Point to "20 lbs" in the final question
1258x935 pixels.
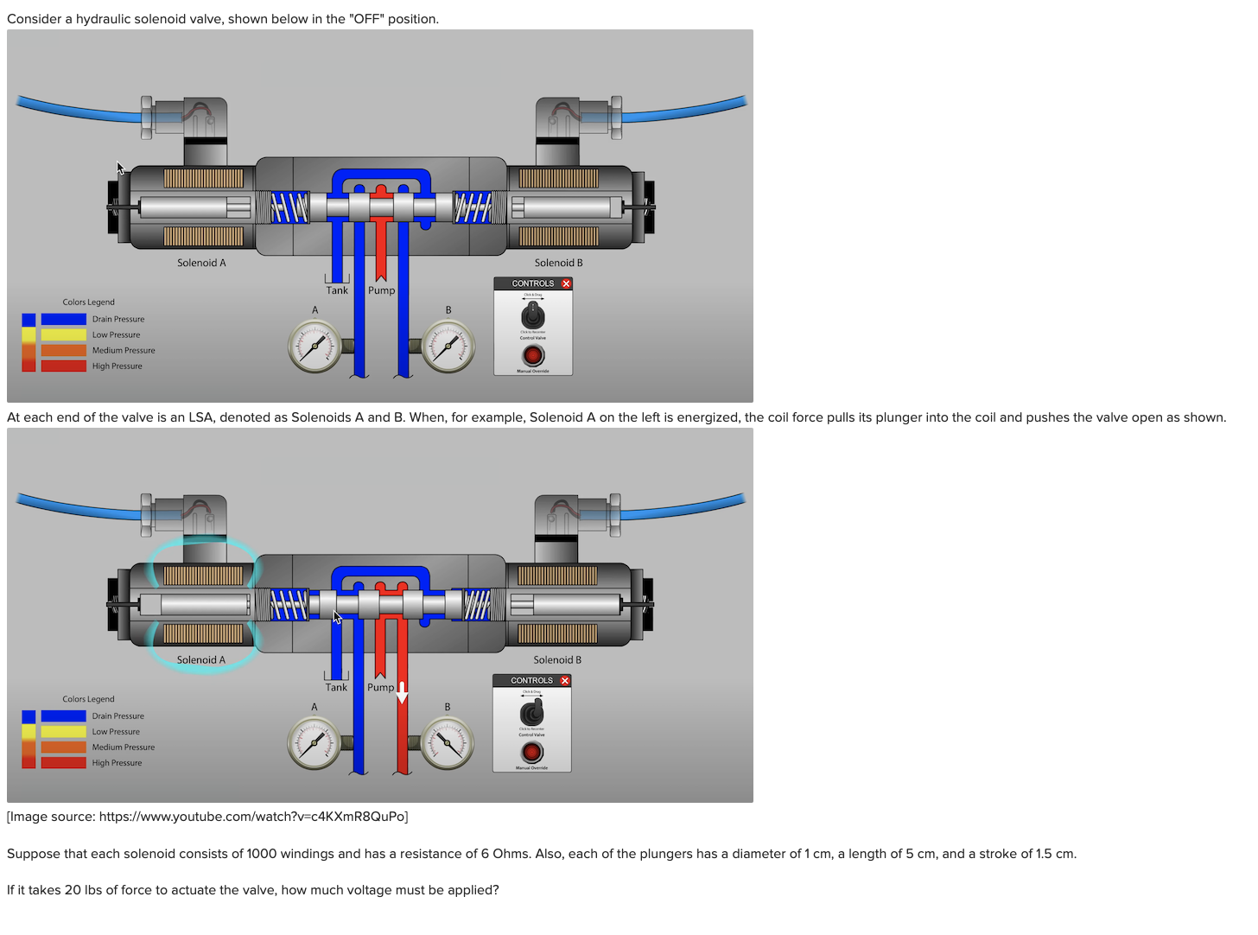(83, 890)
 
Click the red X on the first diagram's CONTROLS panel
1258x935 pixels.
(566, 283)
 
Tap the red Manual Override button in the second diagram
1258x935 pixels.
(531, 753)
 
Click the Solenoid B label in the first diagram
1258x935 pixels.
(558, 263)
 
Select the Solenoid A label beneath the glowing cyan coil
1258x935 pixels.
(201, 660)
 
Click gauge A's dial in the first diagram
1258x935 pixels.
(314, 347)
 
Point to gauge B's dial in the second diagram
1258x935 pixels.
(448, 743)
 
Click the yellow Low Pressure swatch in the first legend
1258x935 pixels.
(63, 335)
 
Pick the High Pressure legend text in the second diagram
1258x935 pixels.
(117, 763)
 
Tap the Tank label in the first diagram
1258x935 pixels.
(337, 290)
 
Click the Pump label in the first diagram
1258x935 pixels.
(381, 290)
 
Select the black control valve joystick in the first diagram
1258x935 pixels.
(533, 315)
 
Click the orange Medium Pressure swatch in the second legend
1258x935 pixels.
(63, 747)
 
